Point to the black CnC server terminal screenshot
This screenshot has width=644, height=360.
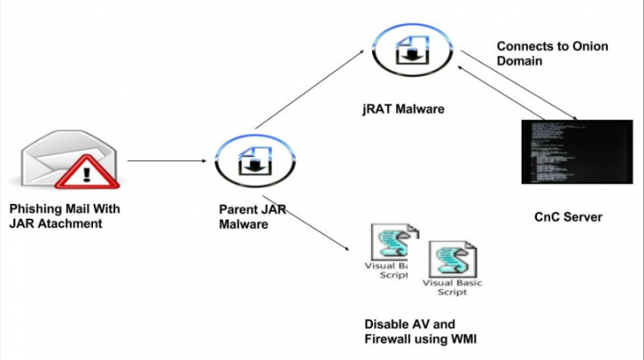[576, 151]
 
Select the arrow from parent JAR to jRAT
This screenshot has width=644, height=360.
[309, 89]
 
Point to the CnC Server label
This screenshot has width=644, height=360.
[568, 218]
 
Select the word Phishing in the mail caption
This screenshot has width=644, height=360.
[37, 209]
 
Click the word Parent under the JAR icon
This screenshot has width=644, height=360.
[238, 209]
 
